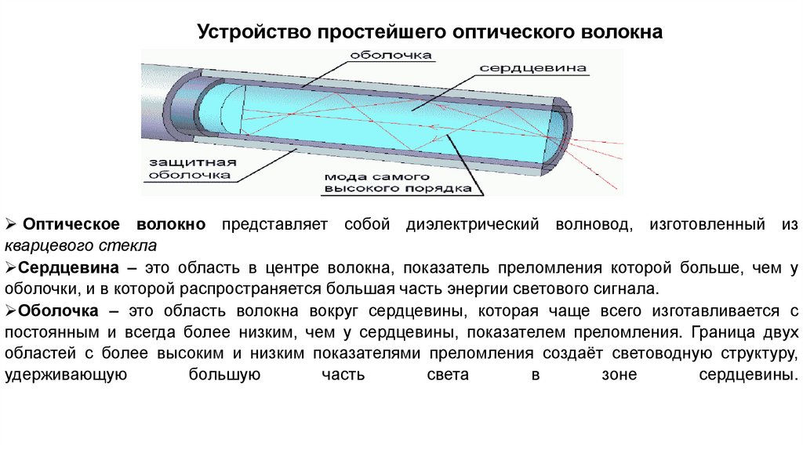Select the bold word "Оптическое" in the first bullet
click(x=73, y=225)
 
